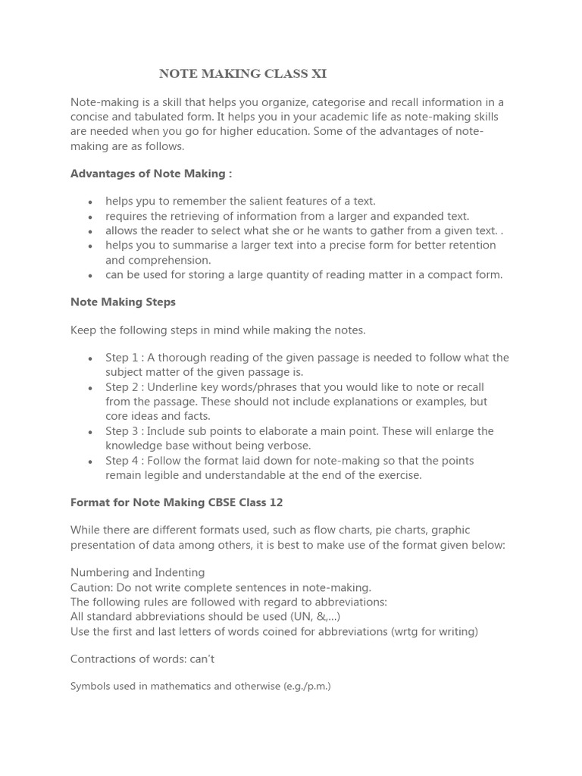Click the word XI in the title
click(319, 74)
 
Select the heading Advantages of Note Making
click(151, 174)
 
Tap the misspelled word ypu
click(148, 201)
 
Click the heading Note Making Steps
click(123, 302)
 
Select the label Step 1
click(123, 358)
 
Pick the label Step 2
click(123, 387)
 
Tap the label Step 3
click(123, 431)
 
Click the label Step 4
click(123, 461)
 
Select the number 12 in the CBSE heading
click(276, 502)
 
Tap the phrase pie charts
click(386, 530)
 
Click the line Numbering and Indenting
click(137, 573)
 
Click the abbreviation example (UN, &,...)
click(311, 617)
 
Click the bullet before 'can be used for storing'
click(90, 275)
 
